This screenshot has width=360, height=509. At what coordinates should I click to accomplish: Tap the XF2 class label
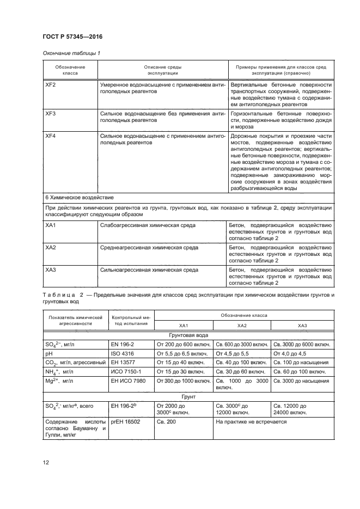pos(51,85)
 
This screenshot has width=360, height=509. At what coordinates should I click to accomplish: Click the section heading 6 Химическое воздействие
pos(78,197)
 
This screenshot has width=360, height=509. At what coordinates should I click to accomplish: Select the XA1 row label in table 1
pos(51,225)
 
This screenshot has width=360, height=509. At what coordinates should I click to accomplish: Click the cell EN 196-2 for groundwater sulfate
pos(124,344)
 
